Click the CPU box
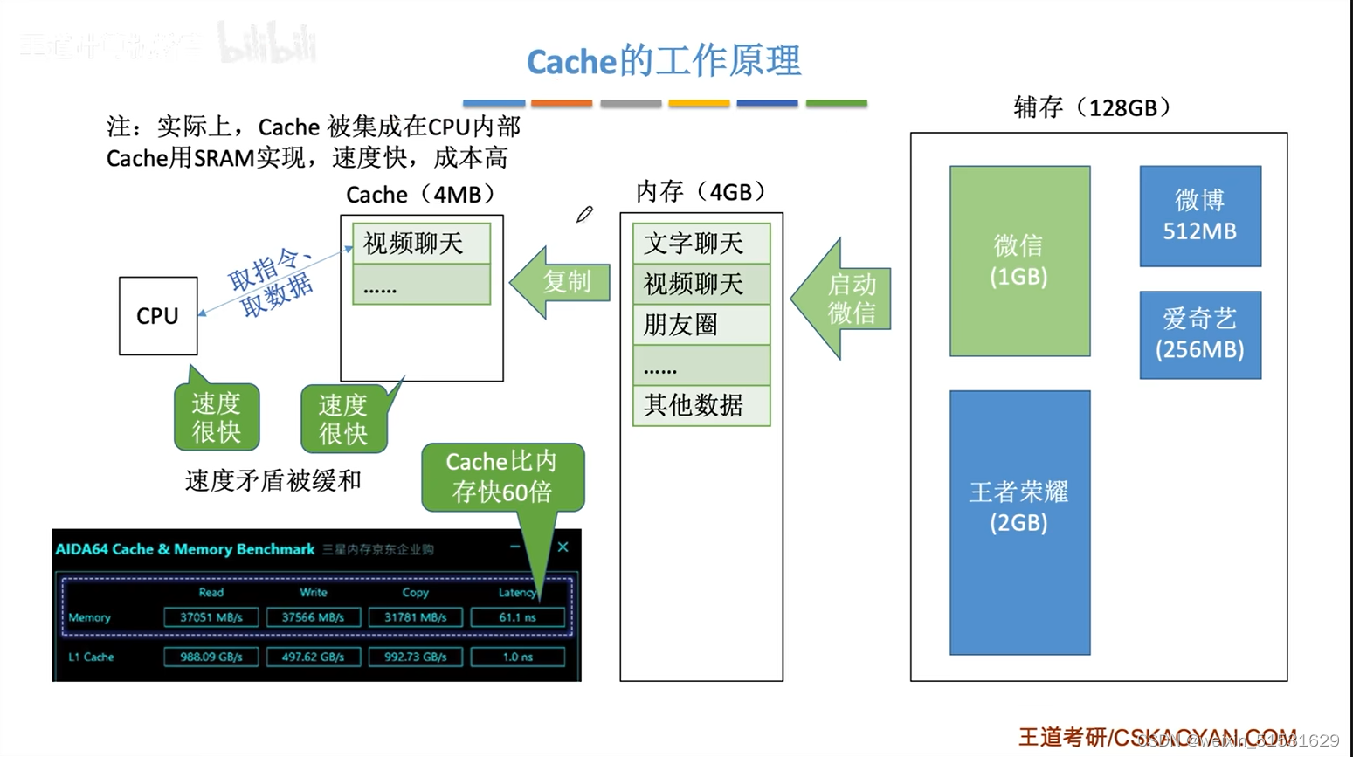[x=158, y=315]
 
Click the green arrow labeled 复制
[x=563, y=282]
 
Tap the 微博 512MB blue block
[x=1200, y=216]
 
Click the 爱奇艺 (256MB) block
[x=1200, y=334]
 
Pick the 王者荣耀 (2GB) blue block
[x=1019, y=521]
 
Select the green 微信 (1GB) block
[x=1019, y=260]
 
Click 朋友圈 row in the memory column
[x=701, y=325]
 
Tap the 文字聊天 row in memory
[x=701, y=244]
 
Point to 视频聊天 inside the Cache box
[x=421, y=244]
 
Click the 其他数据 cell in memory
[x=701, y=405]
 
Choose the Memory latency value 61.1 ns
[x=517, y=617]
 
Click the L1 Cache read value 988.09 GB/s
[x=211, y=657]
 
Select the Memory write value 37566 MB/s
[x=313, y=617]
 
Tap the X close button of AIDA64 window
[x=563, y=547]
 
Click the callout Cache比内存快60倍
[x=502, y=477]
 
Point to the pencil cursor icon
[x=584, y=214]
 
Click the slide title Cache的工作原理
[x=663, y=61]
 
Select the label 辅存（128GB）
[x=1093, y=107]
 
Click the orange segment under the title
[x=562, y=103]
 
